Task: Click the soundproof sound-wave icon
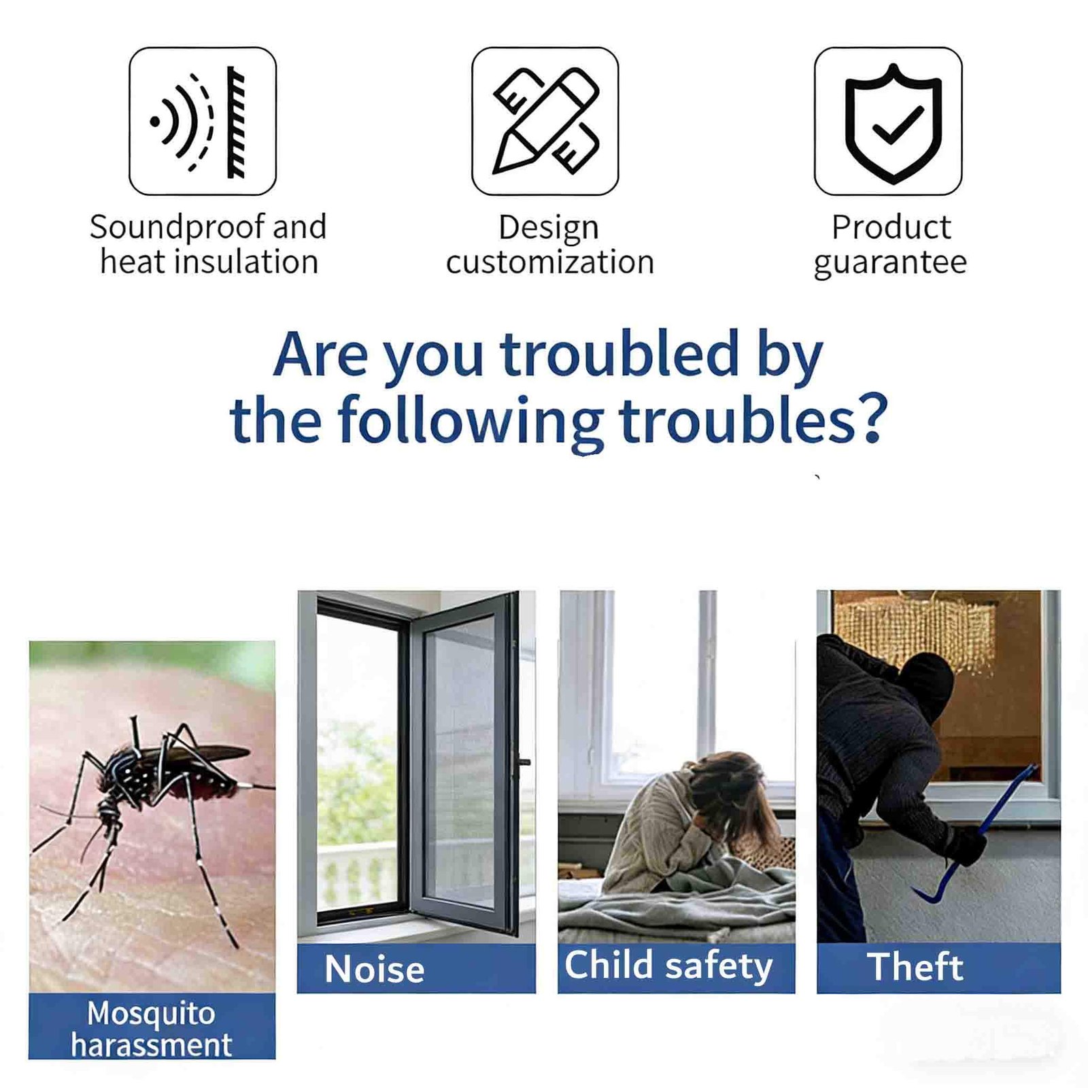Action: pos(203,121)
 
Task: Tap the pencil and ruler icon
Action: pos(545,121)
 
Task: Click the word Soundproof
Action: pos(177,228)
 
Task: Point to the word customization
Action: pos(549,262)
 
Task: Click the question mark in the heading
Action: pos(871,418)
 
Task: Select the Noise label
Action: pos(375,969)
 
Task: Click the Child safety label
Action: pos(668,966)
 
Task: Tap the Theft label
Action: pos(915,966)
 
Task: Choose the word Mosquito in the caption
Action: pos(151,1014)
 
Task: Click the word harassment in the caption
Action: pos(151,1045)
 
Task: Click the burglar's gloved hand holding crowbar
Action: pos(964,845)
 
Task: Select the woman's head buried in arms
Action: pos(724,792)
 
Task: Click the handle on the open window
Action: pos(524,762)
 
